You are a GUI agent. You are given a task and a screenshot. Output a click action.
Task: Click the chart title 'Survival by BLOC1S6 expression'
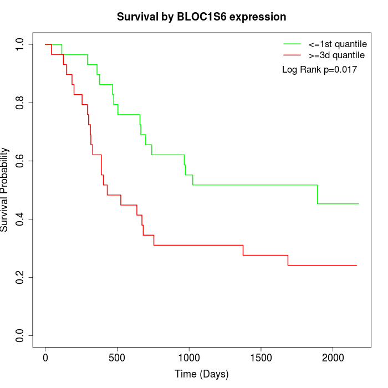[201, 17]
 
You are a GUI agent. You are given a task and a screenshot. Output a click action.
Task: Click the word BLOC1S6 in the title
[202, 17]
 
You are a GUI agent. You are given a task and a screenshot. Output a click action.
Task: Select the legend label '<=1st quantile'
[338, 44]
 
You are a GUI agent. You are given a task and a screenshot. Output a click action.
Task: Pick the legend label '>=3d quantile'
[336, 55]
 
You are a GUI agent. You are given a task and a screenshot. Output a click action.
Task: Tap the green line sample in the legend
[292, 44]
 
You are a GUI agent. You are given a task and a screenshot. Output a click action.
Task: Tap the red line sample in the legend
[292, 55]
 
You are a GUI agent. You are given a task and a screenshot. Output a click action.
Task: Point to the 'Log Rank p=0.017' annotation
[319, 70]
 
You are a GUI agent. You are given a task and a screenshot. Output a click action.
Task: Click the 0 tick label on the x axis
[45, 358]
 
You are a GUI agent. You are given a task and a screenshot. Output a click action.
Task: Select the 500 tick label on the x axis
[117, 358]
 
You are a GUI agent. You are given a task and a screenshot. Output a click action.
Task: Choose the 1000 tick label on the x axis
[189, 358]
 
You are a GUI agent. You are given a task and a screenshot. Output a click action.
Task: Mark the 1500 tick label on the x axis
[261, 358]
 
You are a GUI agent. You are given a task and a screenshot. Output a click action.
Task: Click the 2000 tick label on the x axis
[333, 358]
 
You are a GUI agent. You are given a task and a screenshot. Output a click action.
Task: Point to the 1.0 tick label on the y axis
[19, 44]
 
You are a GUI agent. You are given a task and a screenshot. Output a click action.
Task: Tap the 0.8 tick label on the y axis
[19, 103]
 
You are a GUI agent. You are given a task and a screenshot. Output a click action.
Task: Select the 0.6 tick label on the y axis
[19, 161]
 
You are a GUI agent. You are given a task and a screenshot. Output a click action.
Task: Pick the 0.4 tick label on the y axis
[19, 219]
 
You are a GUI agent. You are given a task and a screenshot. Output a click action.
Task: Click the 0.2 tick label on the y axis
[19, 277]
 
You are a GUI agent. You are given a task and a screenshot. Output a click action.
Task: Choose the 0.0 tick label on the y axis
[19, 336]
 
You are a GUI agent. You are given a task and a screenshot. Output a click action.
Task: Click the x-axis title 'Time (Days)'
[201, 374]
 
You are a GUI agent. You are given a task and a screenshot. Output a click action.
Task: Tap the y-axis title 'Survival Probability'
[4, 190]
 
